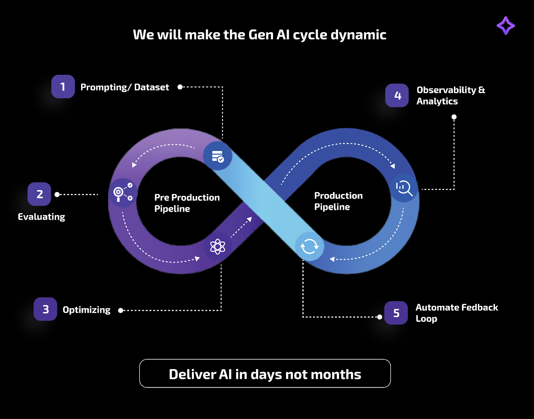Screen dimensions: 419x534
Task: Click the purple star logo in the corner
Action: click(506, 26)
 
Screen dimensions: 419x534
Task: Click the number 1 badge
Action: click(63, 87)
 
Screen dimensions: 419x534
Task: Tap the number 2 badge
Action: click(39, 194)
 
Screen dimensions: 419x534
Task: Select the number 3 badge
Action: click(45, 309)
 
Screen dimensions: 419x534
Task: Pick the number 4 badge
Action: click(397, 95)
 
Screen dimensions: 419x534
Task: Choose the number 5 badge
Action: click(396, 313)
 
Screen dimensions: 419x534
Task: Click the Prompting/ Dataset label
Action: click(124, 87)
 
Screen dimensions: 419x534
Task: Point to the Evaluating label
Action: click(41, 217)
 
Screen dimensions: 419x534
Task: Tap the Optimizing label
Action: click(86, 310)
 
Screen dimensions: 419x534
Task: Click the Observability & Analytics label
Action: click(450, 95)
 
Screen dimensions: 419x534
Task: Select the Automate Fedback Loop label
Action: click(456, 313)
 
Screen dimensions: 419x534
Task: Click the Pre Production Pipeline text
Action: click(187, 203)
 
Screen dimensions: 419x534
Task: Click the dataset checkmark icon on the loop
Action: click(218, 156)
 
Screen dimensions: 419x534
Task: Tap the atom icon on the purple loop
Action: click(218, 247)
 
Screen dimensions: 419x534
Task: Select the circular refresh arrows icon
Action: click(309, 246)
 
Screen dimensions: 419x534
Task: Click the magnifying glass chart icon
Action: click(404, 188)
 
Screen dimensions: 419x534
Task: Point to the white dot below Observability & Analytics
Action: click(454, 117)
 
